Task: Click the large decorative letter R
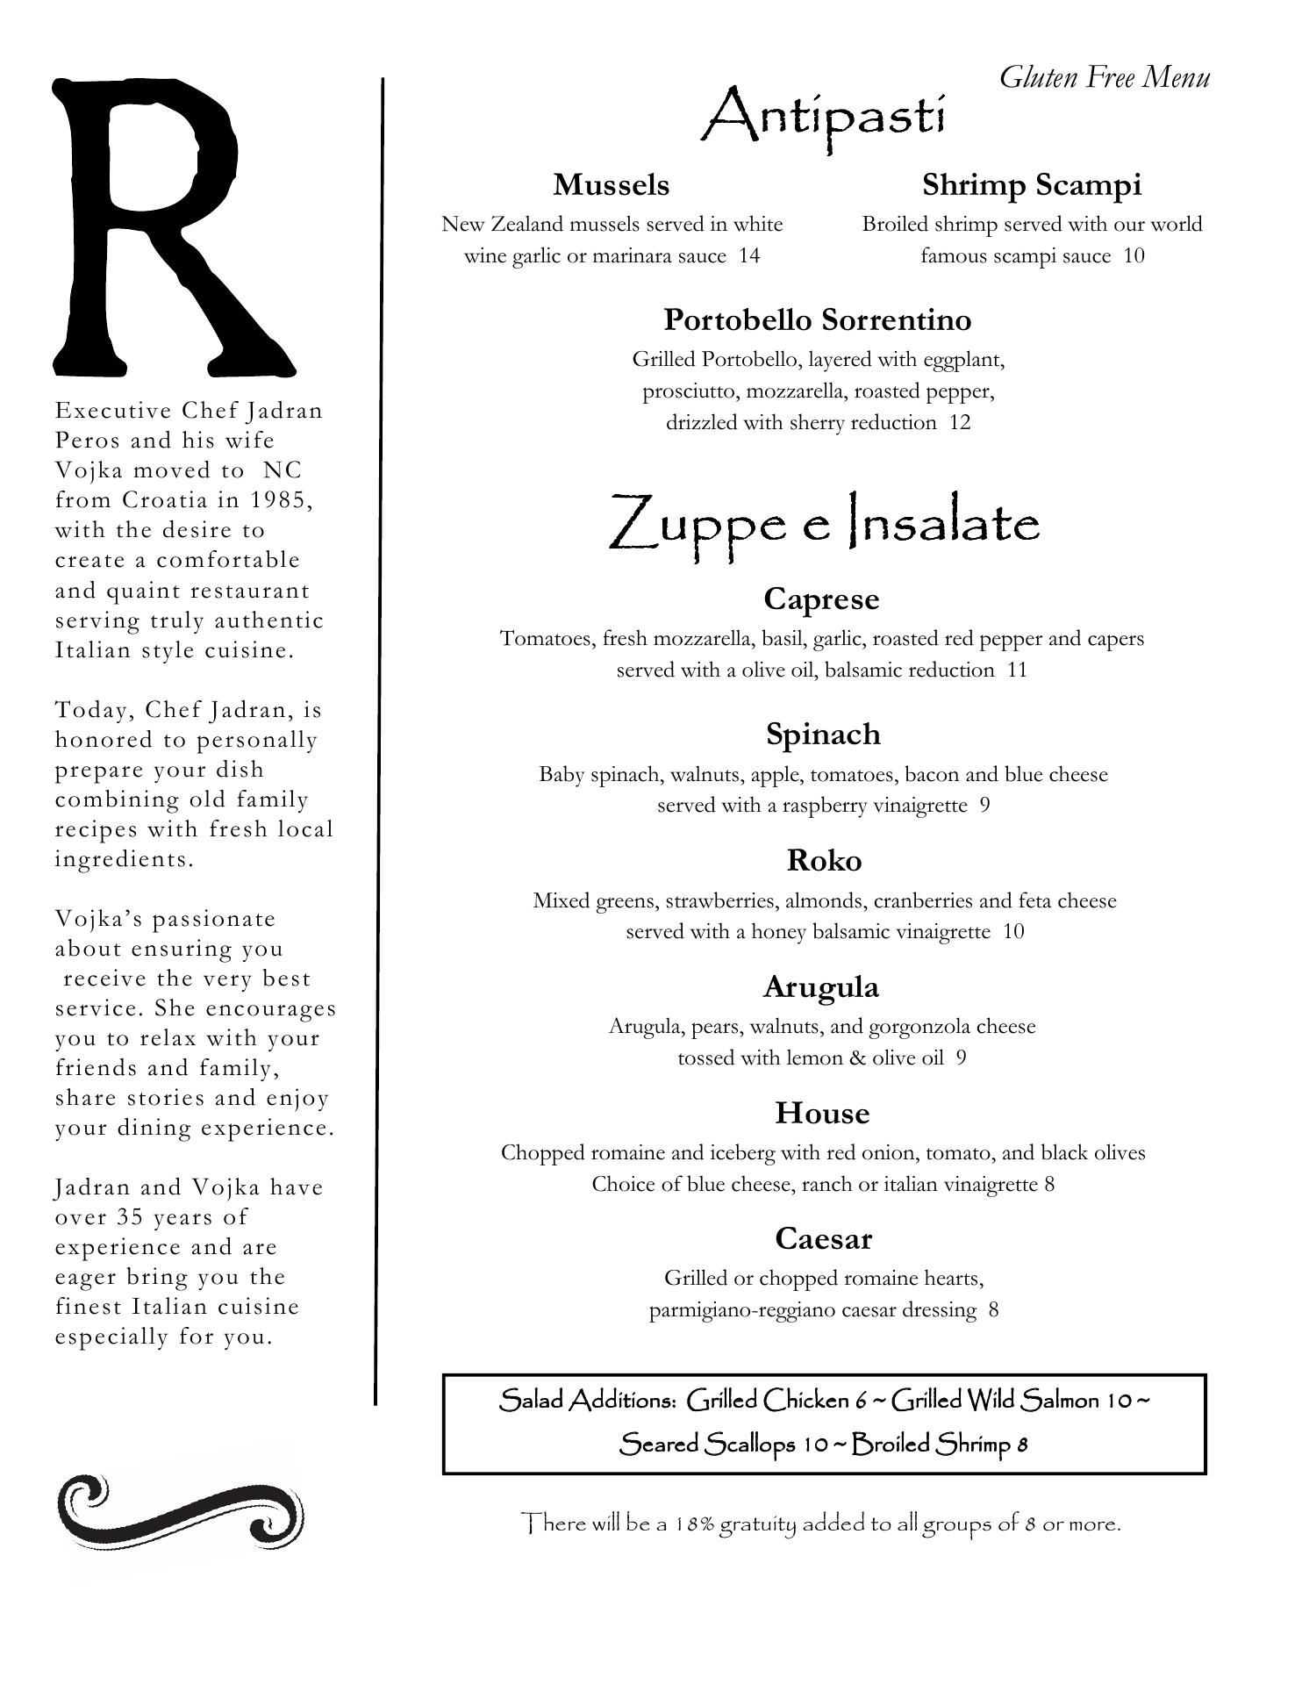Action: [x=167, y=228]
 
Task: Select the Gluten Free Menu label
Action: [x=1104, y=78]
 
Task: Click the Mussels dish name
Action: [x=611, y=185]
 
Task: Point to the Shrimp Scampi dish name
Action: [x=1031, y=185]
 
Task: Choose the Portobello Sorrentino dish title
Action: [x=817, y=320]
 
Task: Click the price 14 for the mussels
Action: [x=748, y=256]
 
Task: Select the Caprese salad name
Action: [x=820, y=599]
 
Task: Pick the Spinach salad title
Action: [x=822, y=735]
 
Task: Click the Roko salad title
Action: [x=823, y=861]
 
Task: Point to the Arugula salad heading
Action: [x=820, y=987]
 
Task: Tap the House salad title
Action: [x=822, y=1114]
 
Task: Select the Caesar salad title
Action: [x=822, y=1239]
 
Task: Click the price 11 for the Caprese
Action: [x=1017, y=670]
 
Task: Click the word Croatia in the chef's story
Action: [x=164, y=500]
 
